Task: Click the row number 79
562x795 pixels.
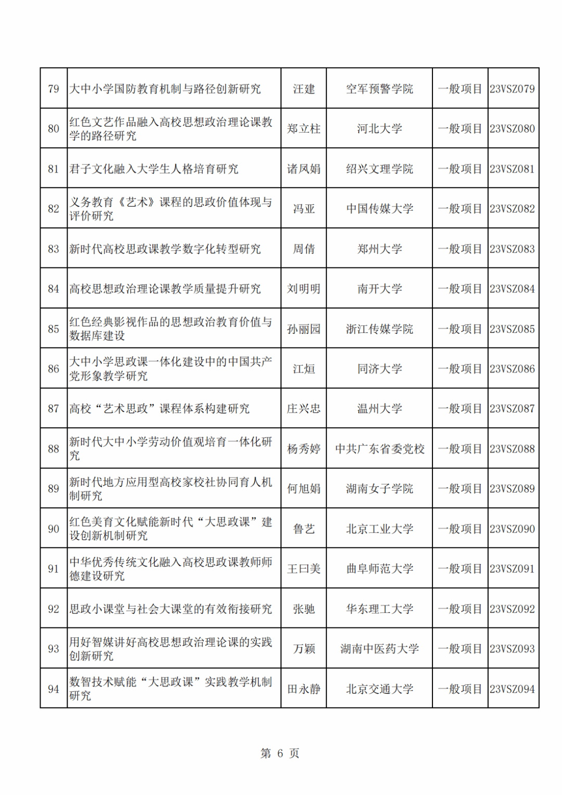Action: (x=54, y=89)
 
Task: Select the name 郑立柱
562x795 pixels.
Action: (x=304, y=129)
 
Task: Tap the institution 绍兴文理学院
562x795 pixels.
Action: (x=379, y=169)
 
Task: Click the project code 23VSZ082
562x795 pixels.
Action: (x=512, y=209)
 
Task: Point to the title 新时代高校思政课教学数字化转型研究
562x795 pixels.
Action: (x=165, y=249)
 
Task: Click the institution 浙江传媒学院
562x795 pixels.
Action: (x=379, y=329)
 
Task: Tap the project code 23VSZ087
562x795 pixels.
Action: (x=512, y=409)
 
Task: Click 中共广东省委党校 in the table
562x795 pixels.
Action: (x=379, y=449)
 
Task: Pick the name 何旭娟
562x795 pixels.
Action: (x=304, y=489)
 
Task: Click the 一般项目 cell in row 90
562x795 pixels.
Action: (x=460, y=529)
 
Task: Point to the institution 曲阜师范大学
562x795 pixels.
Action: (x=379, y=569)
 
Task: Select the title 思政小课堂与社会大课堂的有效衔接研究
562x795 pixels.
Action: (x=171, y=609)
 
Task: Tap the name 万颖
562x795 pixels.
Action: (x=304, y=649)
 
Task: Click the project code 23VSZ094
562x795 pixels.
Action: (x=512, y=689)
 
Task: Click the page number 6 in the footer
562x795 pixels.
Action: (x=280, y=753)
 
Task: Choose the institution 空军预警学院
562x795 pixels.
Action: (x=379, y=89)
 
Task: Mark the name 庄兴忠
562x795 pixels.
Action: (x=304, y=409)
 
